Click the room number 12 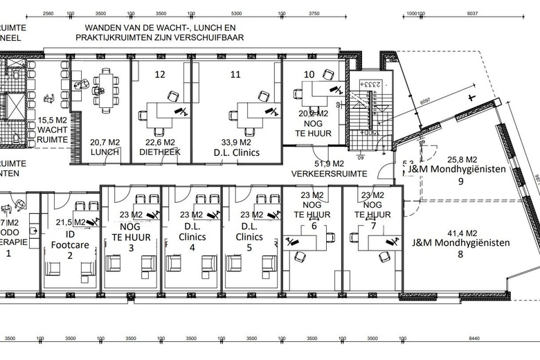[x=160, y=73]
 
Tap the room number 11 [x=236, y=73]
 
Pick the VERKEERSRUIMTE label [x=330, y=173]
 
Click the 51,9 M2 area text [x=330, y=163]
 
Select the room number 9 [x=460, y=181]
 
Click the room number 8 [x=460, y=254]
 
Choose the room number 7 [x=373, y=226]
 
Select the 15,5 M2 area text [x=53, y=120]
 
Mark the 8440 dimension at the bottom [x=473, y=339]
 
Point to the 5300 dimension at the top [x=236, y=13]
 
